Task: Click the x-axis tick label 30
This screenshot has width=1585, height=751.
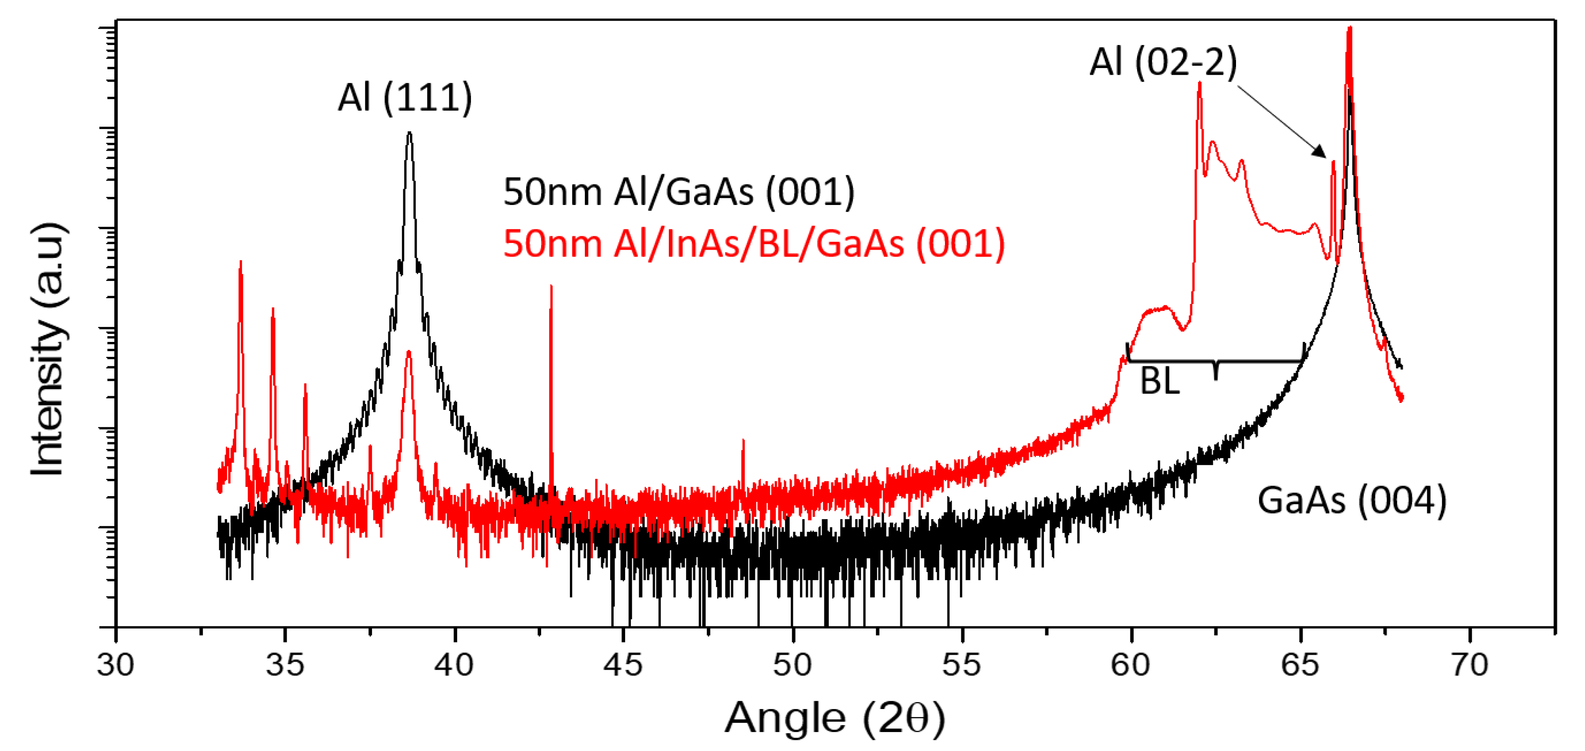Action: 116,665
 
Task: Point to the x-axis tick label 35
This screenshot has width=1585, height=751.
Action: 285,665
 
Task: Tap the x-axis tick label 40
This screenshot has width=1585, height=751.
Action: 454,665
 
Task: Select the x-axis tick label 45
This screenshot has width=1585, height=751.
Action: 623,665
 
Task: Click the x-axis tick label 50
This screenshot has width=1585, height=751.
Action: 792,665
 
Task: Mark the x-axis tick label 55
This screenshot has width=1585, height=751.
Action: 962,665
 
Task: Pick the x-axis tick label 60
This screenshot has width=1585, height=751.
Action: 1131,665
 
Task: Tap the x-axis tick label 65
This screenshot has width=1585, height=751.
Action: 1300,665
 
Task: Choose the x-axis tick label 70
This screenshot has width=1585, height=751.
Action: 1469,665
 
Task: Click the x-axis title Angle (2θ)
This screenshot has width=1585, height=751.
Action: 834,718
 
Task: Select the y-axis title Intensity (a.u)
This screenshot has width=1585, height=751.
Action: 48,349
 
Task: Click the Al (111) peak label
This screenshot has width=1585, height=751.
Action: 405,97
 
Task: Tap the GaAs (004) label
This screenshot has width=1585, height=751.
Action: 1352,500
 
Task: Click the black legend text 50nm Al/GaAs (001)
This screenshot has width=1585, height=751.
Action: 679,191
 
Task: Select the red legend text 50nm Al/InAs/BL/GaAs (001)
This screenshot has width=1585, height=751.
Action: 754,243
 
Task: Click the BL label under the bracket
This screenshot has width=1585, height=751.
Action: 1160,381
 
